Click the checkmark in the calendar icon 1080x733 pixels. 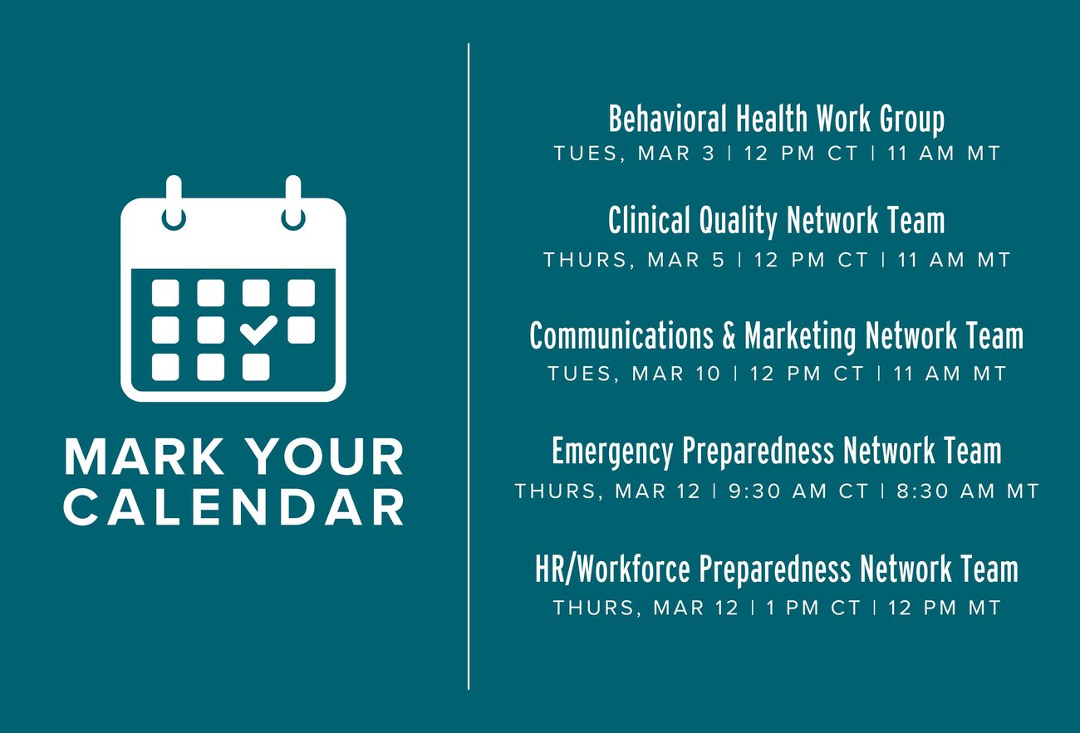(x=258, y=330)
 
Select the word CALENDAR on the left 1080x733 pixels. (x=233, y=507)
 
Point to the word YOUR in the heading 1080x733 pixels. (x=328, y=457)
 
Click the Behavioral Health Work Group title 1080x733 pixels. (x=776, y=120)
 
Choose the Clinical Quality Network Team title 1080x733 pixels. (x=776, y=221)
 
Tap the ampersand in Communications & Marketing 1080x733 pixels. (x=729, y=335)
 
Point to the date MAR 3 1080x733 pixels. (x=676, y=154)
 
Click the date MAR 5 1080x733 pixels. (x=685, y=260)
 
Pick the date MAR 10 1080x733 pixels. (x=676, y=374)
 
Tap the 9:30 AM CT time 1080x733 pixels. (x=798, y=491)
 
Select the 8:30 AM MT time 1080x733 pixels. (x=967, y=491)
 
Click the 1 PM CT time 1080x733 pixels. (x=813, y=608)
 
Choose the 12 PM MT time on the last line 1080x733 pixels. (x=944, y=608)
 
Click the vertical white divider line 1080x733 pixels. (x=469, y=366)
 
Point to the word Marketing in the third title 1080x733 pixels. (x=800, y=336)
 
